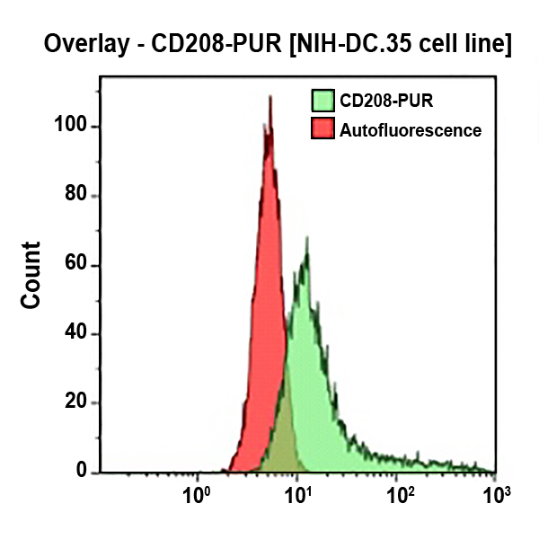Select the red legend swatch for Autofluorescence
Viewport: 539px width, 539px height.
322,129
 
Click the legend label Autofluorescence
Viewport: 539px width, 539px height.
411,130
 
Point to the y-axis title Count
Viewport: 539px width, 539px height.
31,275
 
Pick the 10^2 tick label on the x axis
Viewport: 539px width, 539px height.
399,493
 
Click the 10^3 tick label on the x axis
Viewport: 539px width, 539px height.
495,493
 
